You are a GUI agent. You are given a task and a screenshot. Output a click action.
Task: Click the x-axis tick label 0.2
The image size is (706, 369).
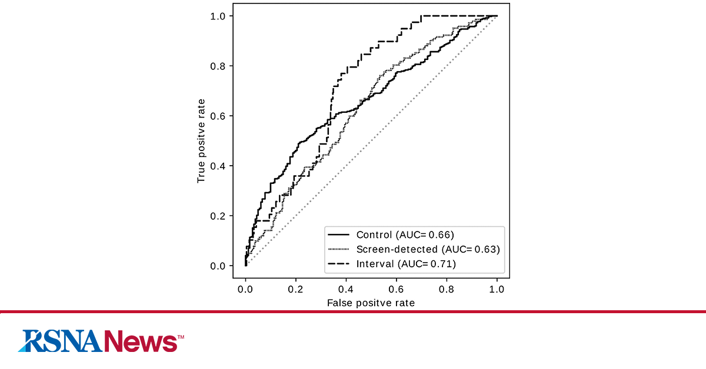coord(296,289)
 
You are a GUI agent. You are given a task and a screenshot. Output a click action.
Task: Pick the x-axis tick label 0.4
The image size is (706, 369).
coord(346,289)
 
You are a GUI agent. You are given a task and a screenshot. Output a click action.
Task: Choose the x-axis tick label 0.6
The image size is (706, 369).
coord(397,289)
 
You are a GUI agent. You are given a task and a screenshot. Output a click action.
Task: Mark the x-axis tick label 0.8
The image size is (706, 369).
coord(447,289)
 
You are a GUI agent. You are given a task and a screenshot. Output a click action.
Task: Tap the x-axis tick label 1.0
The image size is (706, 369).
coord(497,289)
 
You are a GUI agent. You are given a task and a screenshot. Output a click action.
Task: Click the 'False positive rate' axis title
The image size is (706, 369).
coord(371,303)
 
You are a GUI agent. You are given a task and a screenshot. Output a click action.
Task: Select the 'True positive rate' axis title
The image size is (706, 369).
coord(201,141)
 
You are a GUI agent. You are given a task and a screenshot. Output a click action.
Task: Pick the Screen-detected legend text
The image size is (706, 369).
coord(428,249)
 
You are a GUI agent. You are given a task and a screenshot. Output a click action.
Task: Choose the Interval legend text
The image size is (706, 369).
coord(406,264)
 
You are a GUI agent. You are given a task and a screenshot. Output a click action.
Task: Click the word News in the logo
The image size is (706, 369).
coord(140,341)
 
